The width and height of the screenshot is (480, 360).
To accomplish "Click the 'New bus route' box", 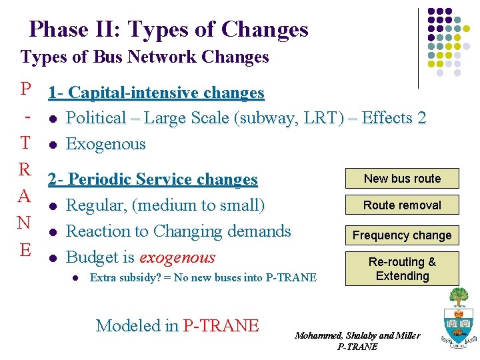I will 402,179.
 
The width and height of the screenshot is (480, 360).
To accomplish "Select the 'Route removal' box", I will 402,205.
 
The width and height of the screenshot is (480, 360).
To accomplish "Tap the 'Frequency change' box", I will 402,235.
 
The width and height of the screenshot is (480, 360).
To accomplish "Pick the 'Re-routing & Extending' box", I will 402,269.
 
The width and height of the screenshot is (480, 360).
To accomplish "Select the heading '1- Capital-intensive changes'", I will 156,93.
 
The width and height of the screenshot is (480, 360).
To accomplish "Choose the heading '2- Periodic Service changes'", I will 153,179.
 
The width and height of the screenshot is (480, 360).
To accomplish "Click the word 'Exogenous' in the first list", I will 106,144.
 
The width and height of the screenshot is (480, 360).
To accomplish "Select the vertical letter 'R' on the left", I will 25,169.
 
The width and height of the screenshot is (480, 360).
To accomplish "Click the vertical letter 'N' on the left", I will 25,222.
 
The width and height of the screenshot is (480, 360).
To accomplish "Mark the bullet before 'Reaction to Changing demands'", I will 52,232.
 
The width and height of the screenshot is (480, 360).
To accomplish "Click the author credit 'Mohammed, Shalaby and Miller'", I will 357,335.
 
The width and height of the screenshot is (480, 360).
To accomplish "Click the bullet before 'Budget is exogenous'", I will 52,258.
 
